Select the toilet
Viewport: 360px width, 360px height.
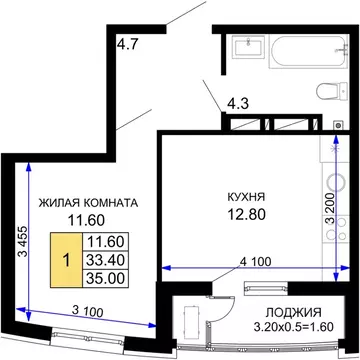[x=327, y=93]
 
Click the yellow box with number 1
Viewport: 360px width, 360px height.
[x=66, y=257]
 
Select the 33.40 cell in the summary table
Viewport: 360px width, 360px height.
[x=105, y=258]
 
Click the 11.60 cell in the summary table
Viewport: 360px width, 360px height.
[x=105, y=240]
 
